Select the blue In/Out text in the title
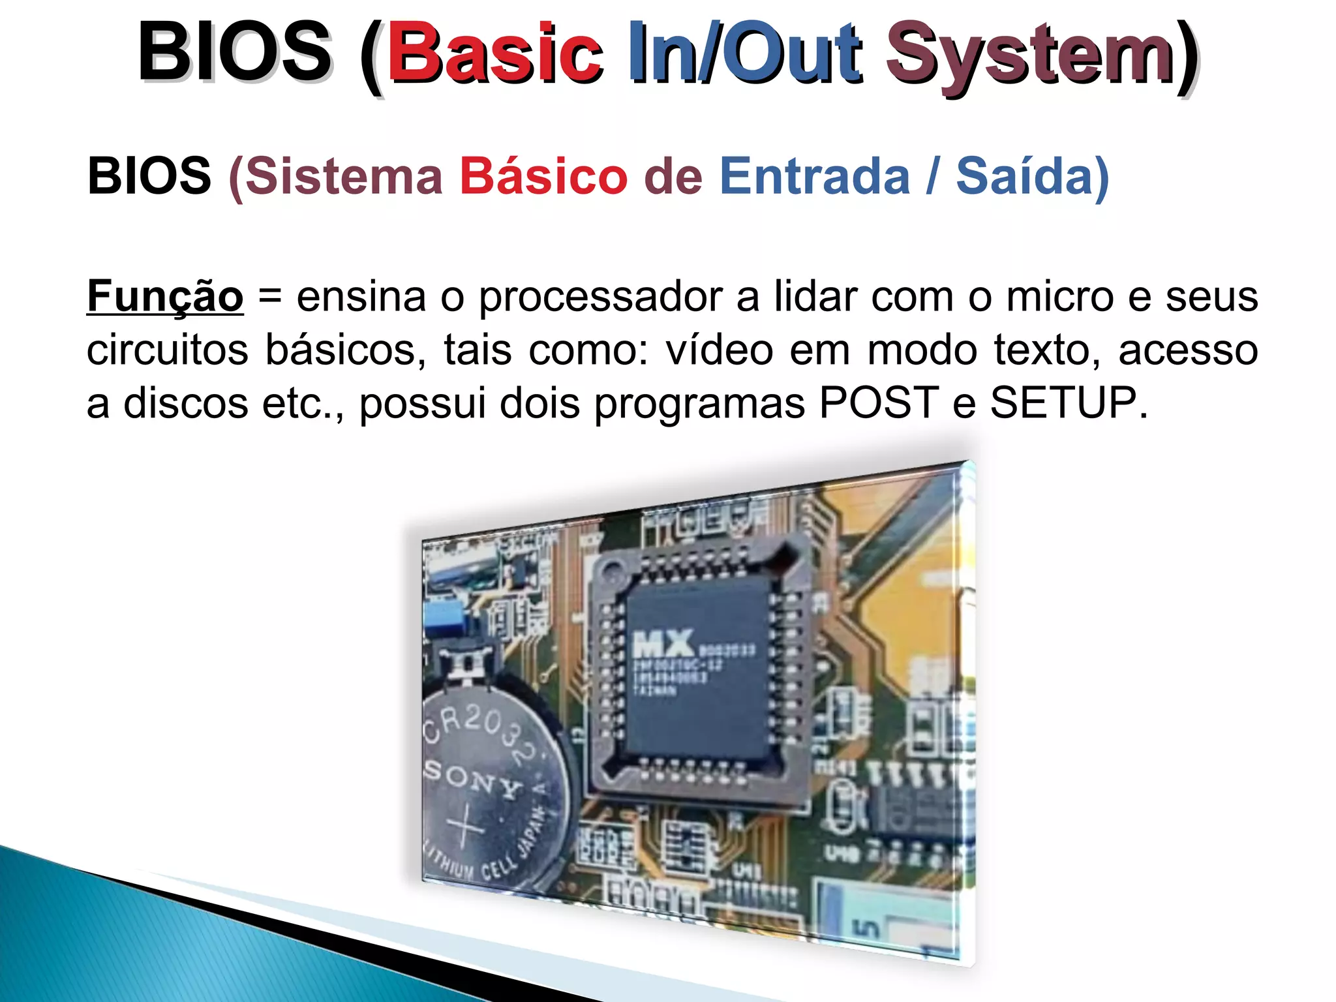click(744, 53)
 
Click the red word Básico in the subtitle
click(543, 176)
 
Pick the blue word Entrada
click(814, 176)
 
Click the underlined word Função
click(165, 297)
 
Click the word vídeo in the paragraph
click(720, 350)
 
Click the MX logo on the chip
click(662, 644)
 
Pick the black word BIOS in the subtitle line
click(149, 176)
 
